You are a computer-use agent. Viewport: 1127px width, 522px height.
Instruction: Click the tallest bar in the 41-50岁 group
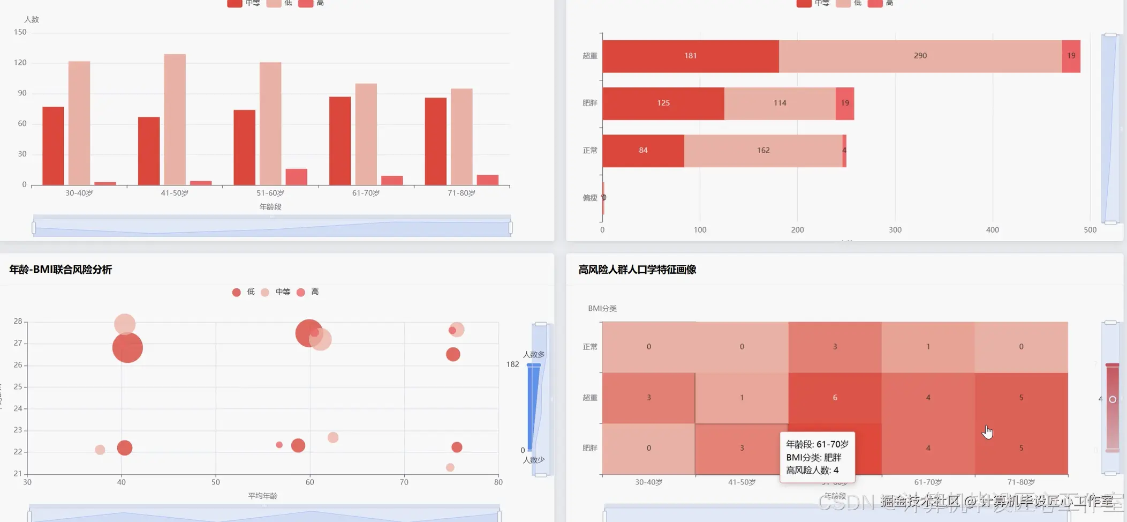point(175,119)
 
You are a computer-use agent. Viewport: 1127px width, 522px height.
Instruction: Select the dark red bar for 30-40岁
point(53,146)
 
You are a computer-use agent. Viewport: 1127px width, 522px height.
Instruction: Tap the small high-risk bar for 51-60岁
point(296,177)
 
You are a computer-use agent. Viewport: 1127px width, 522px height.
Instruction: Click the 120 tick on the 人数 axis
point(20,63)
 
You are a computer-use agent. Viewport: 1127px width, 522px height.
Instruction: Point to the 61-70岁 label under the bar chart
point(366,193)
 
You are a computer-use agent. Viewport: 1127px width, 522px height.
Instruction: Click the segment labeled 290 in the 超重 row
point(920,56)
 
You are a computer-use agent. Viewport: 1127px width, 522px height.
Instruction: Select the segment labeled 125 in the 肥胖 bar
point(663,103)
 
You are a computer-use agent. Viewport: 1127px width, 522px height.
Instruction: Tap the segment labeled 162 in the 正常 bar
point(763,151)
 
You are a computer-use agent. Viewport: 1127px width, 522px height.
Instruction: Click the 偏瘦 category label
point(589,198)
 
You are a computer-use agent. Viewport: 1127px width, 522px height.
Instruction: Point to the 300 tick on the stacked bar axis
point(895,230)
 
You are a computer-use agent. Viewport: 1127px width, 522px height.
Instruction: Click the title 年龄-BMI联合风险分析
point(60,270)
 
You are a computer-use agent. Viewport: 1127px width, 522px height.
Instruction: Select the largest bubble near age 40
point(127,348)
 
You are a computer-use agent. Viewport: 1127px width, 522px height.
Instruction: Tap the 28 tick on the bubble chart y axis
point(18,322)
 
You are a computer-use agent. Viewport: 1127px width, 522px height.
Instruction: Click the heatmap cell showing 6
point(835,398)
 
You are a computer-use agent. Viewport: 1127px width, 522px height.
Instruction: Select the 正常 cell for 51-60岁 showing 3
point(835,347)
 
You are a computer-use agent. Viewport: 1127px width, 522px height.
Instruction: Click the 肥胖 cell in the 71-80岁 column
point(1021,448)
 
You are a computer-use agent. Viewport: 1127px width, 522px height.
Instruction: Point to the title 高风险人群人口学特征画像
point(637,270)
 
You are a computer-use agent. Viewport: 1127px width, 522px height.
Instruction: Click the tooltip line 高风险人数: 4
point(812,471)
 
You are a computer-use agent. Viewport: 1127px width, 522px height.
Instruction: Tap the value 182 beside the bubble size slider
point(512,364)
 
